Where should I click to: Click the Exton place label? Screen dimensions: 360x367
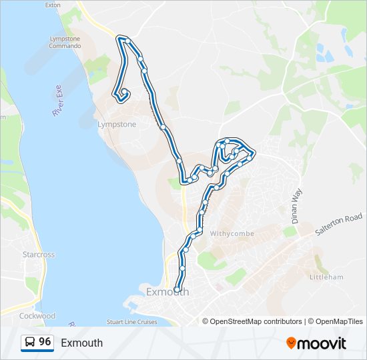coord(52,5)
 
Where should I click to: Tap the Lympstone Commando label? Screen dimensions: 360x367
coord(65,42)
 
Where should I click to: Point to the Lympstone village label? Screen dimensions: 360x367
coord(117,125)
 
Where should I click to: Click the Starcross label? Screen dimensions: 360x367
coord(38,255)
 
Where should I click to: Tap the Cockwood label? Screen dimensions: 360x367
coord(37,315)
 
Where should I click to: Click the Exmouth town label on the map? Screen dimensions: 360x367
coord(167,292)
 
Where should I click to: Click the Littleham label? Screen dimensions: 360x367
coord(327,276)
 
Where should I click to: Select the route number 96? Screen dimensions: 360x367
coord(45,342)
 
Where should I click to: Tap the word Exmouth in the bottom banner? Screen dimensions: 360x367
coord(81,343)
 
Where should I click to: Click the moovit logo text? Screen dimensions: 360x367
coord(322,343)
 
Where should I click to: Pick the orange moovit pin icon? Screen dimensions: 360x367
coord(291,343)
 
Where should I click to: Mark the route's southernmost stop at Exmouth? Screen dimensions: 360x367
coord(177,289)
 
